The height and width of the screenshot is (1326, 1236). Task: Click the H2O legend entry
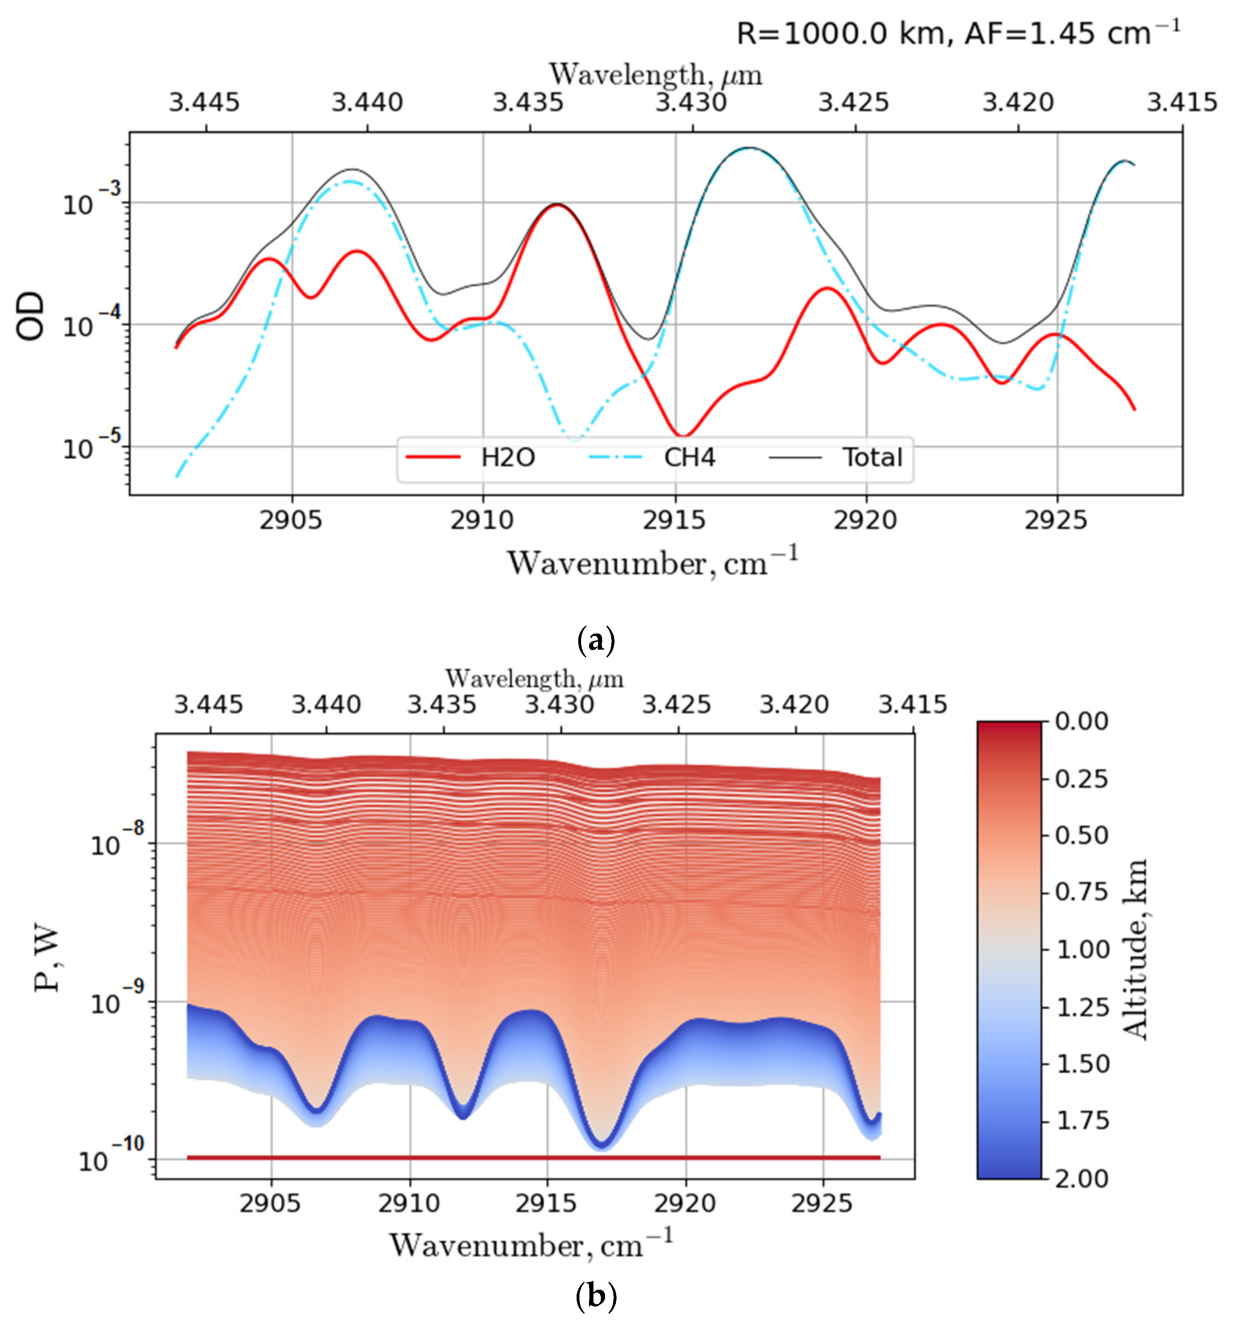coord(507,458)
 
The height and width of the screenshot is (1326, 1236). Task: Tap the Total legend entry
coord(871,458)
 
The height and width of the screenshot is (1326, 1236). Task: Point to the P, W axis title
coord(47,960)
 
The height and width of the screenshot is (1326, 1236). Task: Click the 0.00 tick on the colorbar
coord(1081,722)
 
